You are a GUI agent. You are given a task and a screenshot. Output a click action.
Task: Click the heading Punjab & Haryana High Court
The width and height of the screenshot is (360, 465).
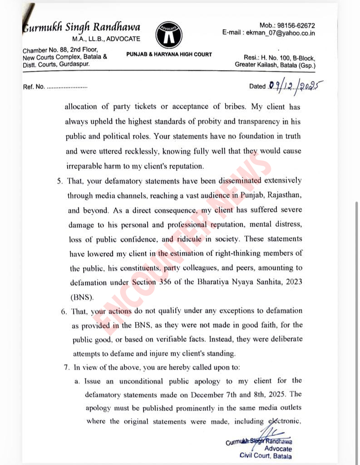tap(169, 54)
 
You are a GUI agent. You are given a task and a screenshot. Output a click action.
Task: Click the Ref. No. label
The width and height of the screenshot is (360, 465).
tap(34, 87)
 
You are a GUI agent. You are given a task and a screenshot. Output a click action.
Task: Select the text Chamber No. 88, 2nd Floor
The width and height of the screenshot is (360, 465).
tap(60, 50)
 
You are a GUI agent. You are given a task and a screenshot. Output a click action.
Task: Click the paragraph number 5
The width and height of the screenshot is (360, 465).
tap(59, 181)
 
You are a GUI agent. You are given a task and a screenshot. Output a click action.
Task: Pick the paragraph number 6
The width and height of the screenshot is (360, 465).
tap(62, 311)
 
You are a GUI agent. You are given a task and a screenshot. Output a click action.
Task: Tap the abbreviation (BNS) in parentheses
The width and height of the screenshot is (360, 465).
tap(82, 297)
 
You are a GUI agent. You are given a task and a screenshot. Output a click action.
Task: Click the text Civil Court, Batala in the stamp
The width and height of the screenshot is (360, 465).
tap(266, 456)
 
